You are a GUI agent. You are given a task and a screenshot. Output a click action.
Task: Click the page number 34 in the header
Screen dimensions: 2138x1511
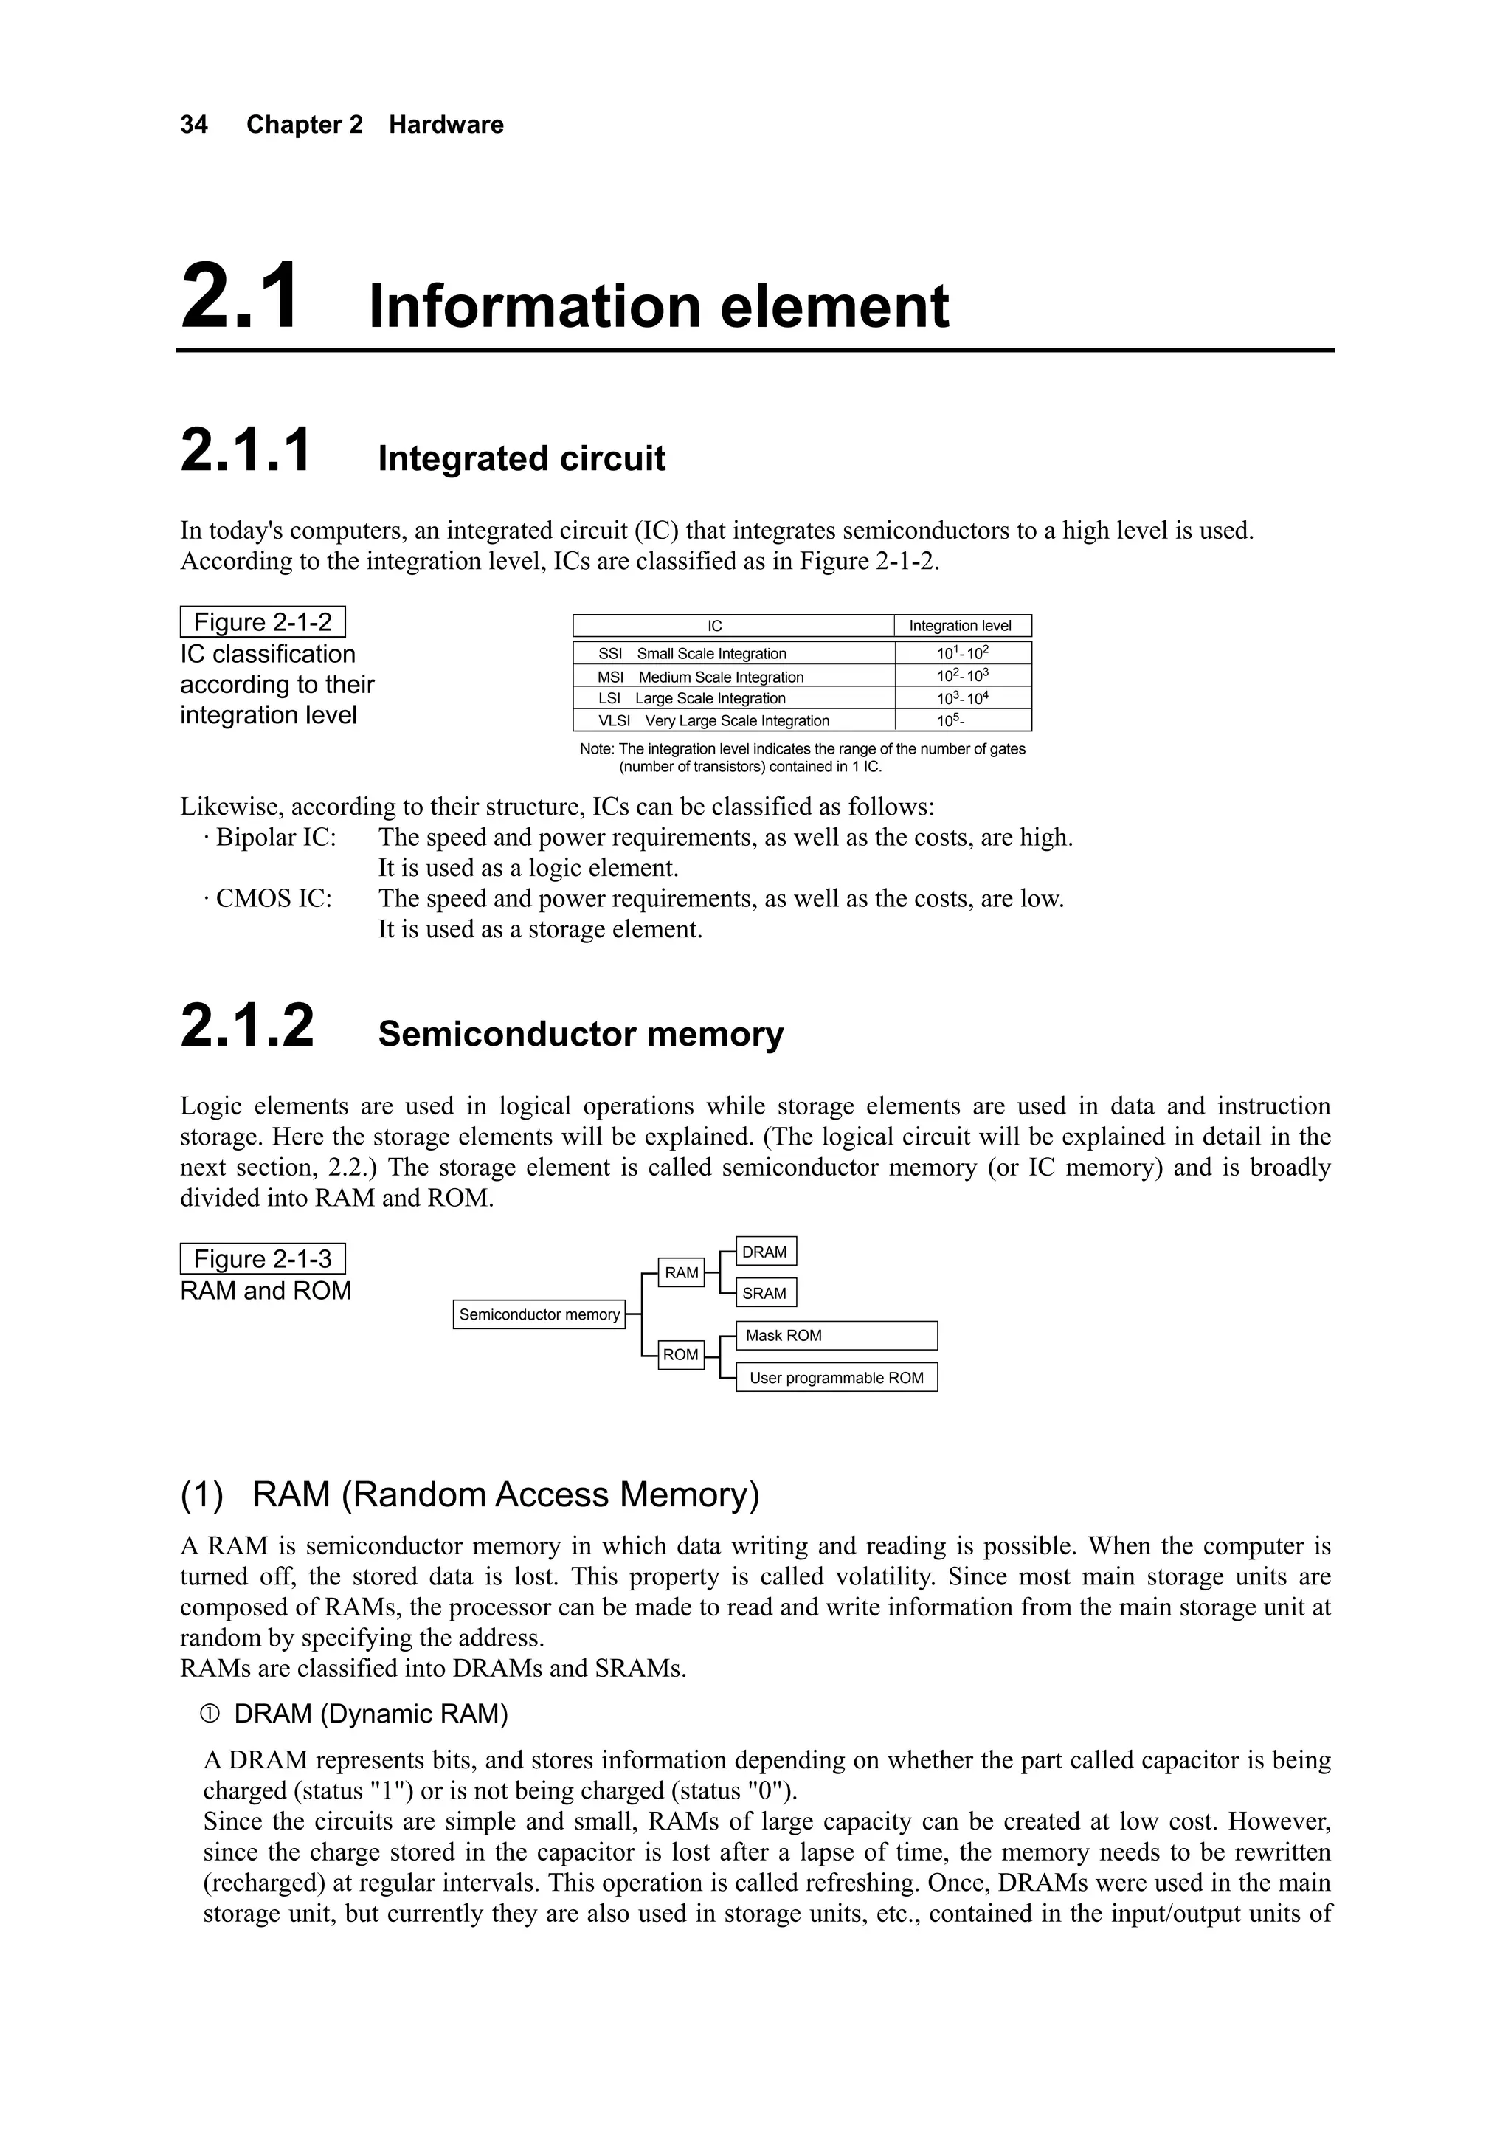(193, 125)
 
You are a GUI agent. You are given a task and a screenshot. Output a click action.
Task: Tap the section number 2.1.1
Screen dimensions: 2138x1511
(246, 451)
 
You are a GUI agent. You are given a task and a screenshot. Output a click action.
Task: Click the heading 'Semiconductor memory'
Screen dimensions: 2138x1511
(580, 1035)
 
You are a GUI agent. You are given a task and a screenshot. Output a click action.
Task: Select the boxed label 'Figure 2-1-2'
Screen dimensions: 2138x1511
(263, 622)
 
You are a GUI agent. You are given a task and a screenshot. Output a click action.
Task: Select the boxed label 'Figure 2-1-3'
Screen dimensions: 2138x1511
(263, 1259)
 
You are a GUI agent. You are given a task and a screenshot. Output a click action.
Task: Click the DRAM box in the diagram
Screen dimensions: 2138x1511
(765, 1252)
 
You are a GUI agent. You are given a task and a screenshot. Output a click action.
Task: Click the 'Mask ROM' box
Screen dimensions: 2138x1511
(836, 1335)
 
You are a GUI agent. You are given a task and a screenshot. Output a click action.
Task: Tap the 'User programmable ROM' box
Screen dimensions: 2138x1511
(836, 1378)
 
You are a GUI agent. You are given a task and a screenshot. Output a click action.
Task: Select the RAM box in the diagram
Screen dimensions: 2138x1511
(682, 1273)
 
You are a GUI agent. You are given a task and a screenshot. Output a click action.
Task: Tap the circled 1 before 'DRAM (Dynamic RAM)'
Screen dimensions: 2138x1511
(210, 1715)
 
